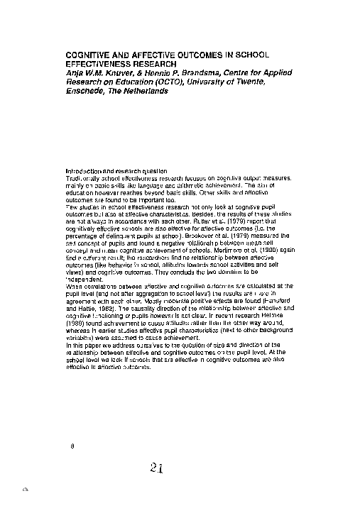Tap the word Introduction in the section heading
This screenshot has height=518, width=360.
click(85, 171)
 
